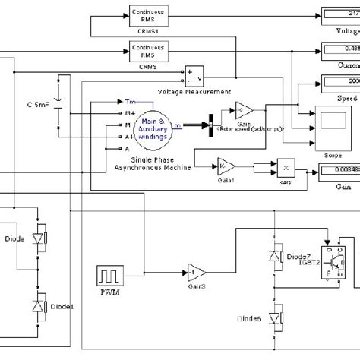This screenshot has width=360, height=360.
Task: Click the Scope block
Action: [331, 122]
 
